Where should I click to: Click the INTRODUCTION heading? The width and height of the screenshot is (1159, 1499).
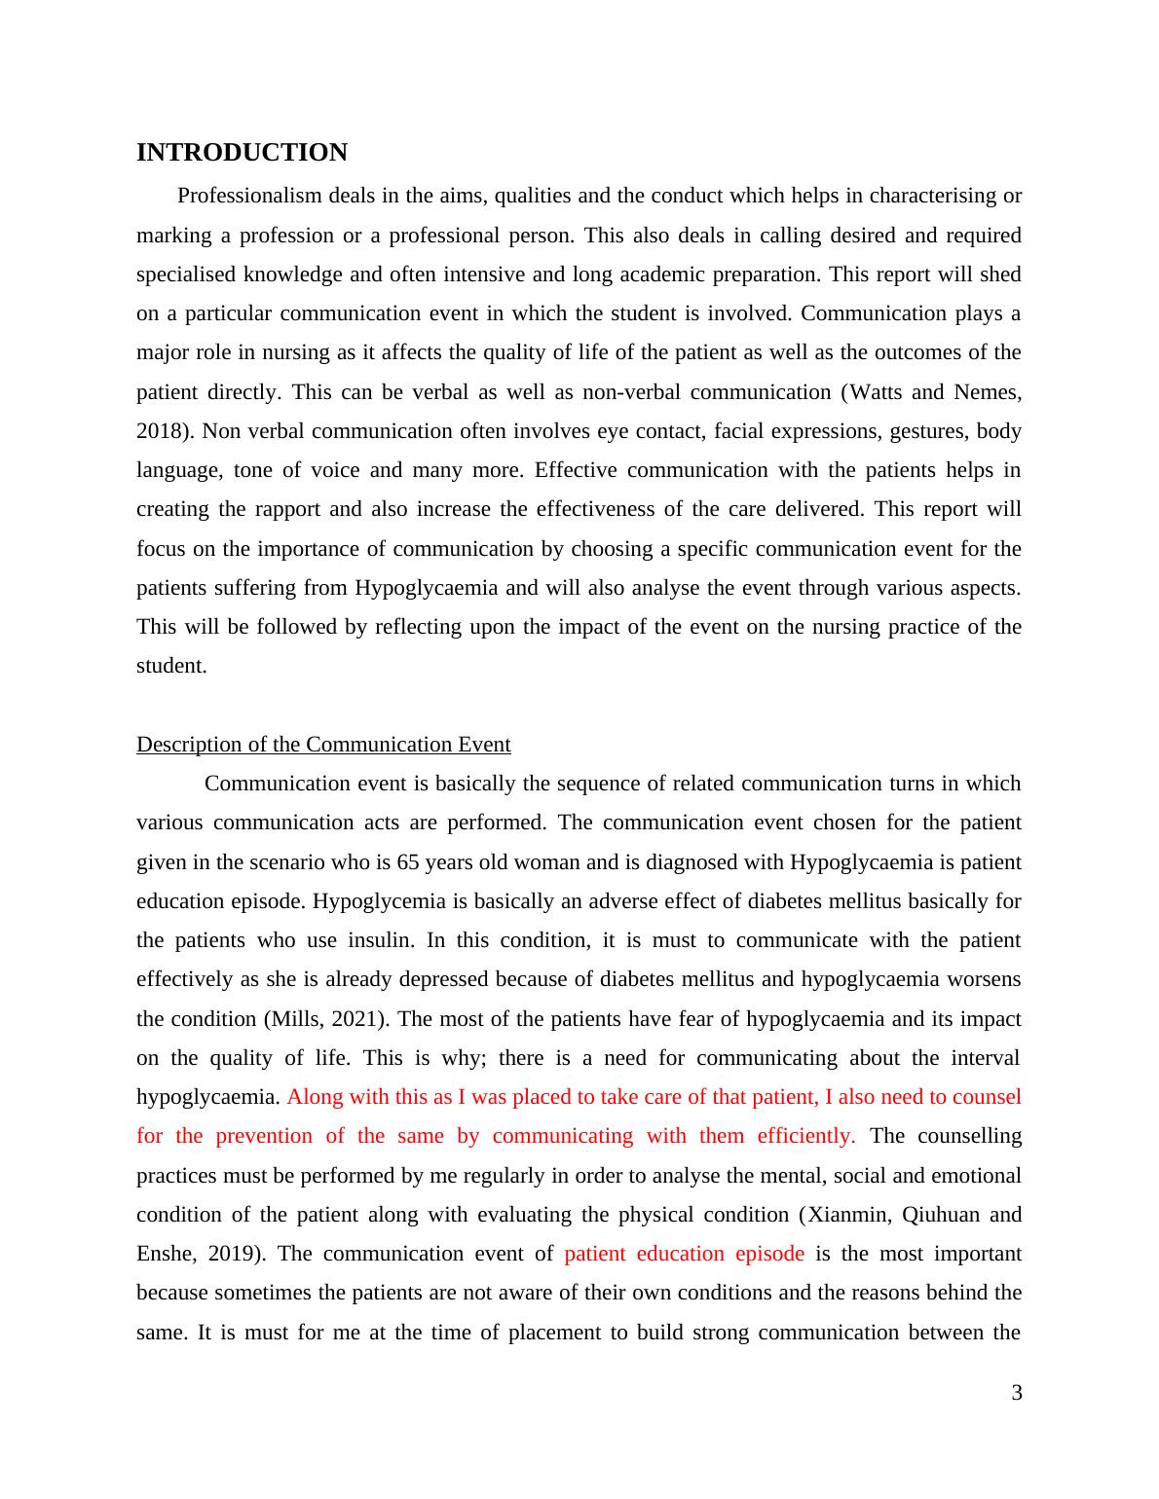click(242, 153)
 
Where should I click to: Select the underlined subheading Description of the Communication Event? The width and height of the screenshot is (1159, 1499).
click(323, 745)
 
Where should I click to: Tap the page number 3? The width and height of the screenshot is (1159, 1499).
click(1017, 1393)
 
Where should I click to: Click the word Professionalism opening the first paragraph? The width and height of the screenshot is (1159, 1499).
click(249, 196)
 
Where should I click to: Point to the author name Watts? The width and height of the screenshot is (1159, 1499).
click(877, 392)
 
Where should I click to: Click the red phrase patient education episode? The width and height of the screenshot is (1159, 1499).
click(684, 1254)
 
